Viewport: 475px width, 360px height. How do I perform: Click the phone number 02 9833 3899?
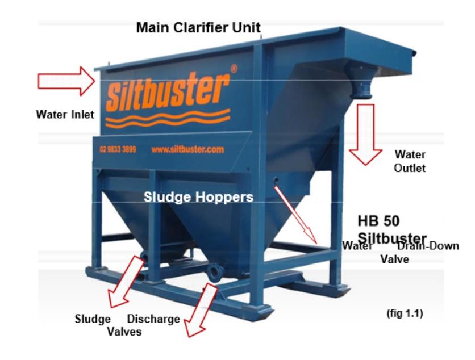(117, 150)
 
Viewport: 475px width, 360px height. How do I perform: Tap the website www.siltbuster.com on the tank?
(188, 150)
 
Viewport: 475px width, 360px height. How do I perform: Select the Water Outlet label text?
(410, 161)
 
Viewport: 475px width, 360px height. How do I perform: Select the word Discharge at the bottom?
(153, 319)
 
